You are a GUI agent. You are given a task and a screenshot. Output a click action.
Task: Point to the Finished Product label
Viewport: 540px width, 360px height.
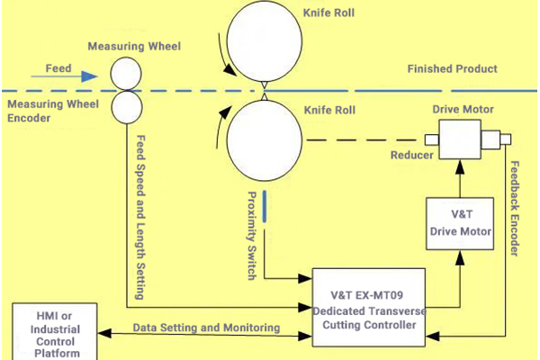click(452, 69)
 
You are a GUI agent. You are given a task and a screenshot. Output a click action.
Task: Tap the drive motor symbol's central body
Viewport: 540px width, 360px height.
click(460, 140)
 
